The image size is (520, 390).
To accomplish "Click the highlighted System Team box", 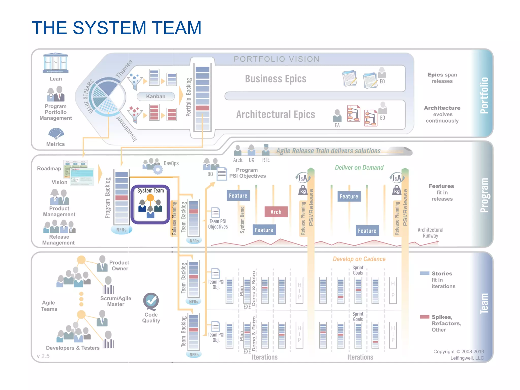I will click(150, 204).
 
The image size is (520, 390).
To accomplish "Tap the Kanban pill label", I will click(156, 96).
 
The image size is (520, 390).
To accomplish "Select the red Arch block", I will click(276, 212).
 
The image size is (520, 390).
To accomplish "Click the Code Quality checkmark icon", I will click(151, 301).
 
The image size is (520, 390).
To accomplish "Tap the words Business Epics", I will click(275, 79).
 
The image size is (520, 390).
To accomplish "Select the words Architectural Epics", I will click(275, 115).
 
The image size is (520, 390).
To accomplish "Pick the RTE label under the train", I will click(266, 160).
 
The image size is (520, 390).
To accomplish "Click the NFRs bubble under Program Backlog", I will click(121, 230).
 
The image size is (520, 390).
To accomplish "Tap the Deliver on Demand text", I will click(359, 168).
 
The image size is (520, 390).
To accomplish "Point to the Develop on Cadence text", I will click(359, 259).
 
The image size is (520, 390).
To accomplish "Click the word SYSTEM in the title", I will click(109, 28).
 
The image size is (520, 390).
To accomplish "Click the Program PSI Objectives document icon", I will click(222, 174).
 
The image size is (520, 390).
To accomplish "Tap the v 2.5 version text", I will click(43, 356).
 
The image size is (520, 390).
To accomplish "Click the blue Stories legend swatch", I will click(425, 273).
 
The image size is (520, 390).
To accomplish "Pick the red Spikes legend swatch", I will click(425, 317).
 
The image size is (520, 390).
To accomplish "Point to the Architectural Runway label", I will click(430, 233).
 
